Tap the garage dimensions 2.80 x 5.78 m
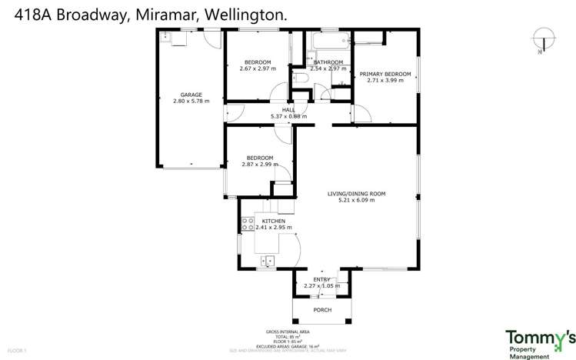[x=191, y=102]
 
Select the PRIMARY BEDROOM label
[x=385, y=74]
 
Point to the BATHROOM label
[x=328, y=62]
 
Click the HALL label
[x=288, y=110]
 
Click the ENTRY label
[x=321, y=279]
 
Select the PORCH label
[x=322, y=310]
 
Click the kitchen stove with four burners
[x=248, y=224]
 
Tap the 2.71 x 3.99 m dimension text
[x=385, y=81]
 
